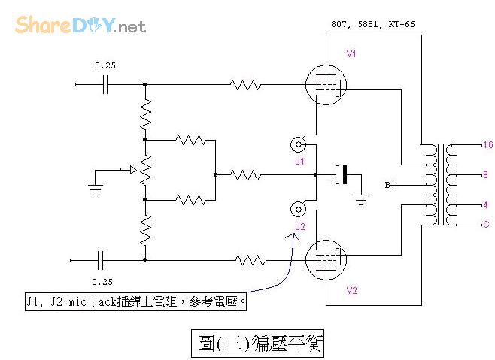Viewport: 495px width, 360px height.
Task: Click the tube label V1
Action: click(351, 55)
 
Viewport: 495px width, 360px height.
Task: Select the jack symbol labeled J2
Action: click(299, 209)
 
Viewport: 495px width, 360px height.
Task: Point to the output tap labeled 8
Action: click(485, 174)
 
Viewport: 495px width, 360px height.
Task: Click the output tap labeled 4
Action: click(485, 204)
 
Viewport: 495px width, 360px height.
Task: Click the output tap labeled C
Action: click(485, 224)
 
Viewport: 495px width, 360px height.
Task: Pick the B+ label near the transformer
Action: click(390, 184)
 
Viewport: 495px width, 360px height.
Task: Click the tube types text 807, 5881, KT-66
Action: click(372, 24)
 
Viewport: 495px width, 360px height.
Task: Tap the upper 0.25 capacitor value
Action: click(105, 65)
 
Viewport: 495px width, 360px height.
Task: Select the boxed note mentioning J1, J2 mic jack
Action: click(135, 301)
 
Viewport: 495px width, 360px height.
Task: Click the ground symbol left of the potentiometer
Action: click(96, 188)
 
